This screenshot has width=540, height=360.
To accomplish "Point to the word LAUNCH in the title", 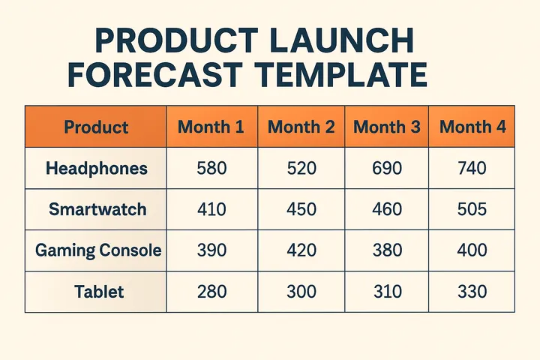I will [348, 40].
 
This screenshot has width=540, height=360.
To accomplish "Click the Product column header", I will [96, 127].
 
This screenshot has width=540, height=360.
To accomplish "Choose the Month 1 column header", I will [211, 127].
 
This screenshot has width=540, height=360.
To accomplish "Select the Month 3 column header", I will [387, 127].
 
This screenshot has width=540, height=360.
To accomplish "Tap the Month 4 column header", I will [472, 127].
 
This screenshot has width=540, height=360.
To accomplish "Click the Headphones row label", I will [96, 169].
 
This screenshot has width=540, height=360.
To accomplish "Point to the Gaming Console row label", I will [98, 250].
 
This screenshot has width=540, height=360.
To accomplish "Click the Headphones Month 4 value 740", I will [472, 169].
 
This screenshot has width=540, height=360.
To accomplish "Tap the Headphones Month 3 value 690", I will [387, 169].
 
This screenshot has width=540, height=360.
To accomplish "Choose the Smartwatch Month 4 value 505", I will [472, 210].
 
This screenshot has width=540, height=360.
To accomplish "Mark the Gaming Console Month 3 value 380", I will [387, 250].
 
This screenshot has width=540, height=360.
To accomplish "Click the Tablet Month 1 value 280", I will [211, 292].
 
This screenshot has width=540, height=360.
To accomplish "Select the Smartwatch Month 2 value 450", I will [301, 210].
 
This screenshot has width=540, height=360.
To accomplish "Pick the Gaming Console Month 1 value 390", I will [211, 250].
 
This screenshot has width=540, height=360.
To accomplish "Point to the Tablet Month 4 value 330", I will [472, 292].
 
